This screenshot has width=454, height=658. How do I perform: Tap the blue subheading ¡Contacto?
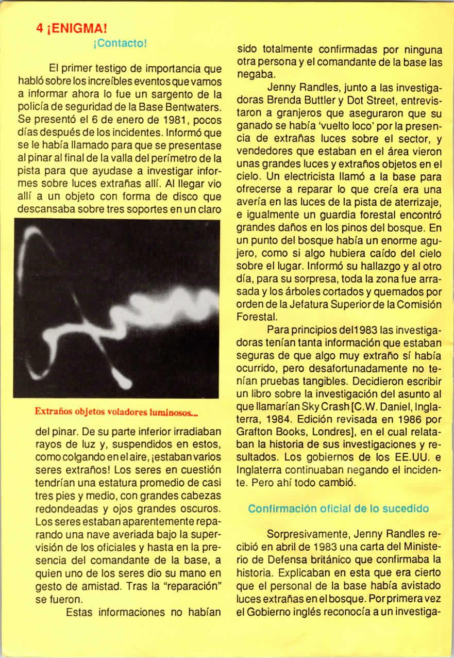click(x=121, y=43)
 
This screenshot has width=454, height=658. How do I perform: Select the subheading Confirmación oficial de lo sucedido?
click(x=339, y=494)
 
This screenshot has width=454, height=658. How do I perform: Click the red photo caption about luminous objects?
click(x=116, y=412)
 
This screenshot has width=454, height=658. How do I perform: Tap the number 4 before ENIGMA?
click(x=39, y=29)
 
